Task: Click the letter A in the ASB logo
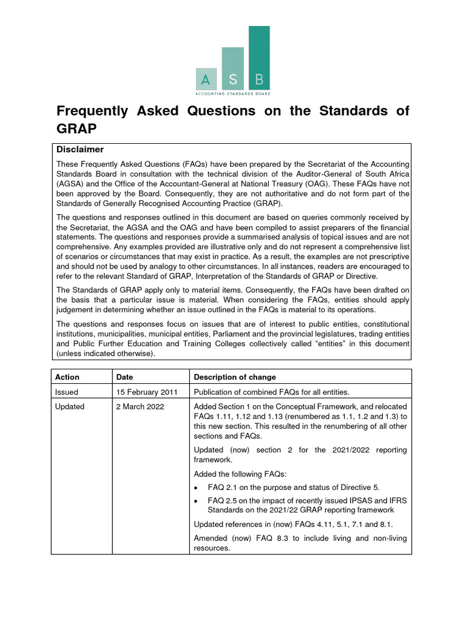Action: coord(206,79)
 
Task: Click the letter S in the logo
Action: coord(233,79)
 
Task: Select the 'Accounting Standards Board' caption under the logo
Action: coord(233,94)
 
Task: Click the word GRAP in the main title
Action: coord(76,129)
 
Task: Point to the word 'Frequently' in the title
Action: coord(92,111)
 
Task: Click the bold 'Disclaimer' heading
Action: coord(80,149)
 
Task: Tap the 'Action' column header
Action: coord(67,377)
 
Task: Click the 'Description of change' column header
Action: coord(235,377)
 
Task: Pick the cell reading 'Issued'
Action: coord(67,392)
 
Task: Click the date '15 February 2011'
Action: coord(146,392)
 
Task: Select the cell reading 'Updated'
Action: coord(70,406)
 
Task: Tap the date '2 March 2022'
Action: coord(140,406)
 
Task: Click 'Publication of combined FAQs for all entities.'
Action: coord(280,392)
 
